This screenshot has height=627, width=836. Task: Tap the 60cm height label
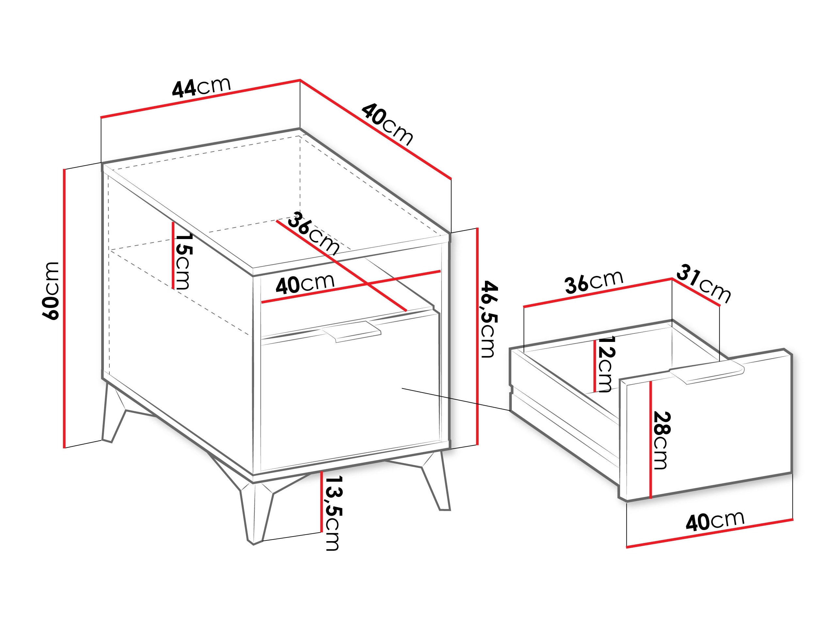click(51, 291)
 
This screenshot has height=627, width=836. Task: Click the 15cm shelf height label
click(184, 261)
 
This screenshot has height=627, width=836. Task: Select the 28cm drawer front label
click(661, 440)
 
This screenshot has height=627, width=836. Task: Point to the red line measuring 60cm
click(65, 308)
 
